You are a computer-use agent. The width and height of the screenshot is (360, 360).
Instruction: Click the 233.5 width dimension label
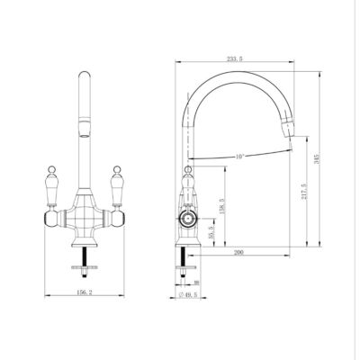[x=237, y=58]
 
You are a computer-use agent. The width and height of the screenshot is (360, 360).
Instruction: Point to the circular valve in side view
[x=189, y=218]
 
